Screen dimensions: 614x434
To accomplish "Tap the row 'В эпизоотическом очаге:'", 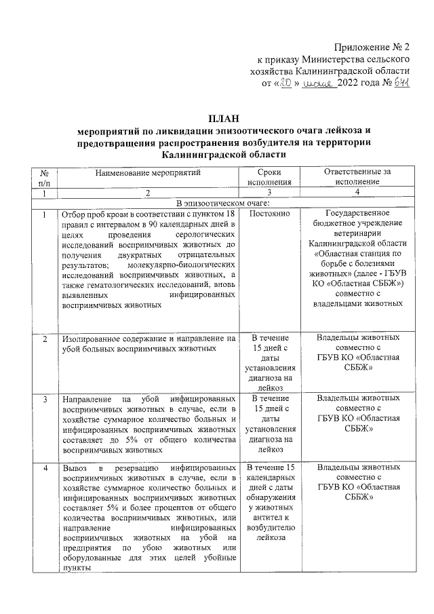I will tap(224, 203).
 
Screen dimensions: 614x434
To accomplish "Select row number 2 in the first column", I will tap(45, 338).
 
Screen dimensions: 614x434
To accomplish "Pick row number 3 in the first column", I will tap(45, 399).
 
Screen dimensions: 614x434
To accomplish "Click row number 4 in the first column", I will tap(45, 468).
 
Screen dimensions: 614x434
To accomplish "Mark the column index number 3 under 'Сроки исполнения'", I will tap(270, 193).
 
